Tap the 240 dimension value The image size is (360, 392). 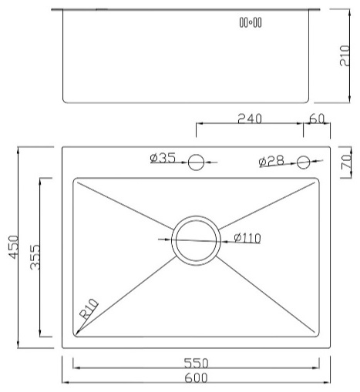[x=250, y=119]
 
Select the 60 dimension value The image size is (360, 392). [x=317, y=119]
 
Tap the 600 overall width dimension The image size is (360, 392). [x=196, y=377]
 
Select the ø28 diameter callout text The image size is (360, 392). [x=271, y=161]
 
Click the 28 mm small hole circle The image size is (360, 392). [x=303, y=162]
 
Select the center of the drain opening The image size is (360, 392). [x=196, y=240]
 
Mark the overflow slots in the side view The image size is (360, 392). [x=251, y=22]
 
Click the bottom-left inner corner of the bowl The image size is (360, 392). [x=75, y=336]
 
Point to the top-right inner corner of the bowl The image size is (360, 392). [x=317, y=180]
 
